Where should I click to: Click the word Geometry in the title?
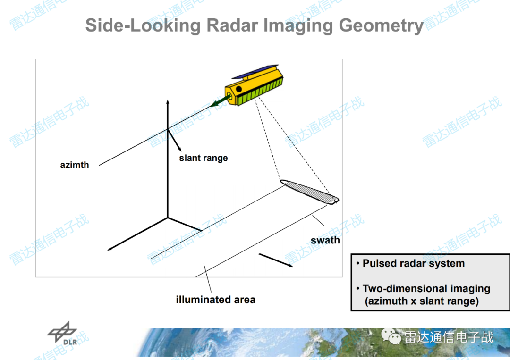click(381, 25)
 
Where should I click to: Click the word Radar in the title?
click(232, 25)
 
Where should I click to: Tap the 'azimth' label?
click(75, 165)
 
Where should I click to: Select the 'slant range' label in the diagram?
click(203, 158)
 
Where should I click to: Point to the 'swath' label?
click(325, 240)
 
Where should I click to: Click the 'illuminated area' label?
click(216, 300)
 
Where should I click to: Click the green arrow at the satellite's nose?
click(220, 100)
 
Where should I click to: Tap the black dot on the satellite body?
click(239, 89)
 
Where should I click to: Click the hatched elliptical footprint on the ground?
click(309, 192)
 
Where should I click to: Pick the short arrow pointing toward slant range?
click(174, 140)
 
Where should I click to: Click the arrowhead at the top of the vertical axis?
click(168, 102)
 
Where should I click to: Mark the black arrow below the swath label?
click(276, 260)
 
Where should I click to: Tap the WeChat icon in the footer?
click(391, 336)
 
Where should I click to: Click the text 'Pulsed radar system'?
click(413, 263)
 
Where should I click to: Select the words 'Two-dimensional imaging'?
click(426, 289)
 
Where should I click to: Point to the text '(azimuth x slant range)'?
click(422, 301)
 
